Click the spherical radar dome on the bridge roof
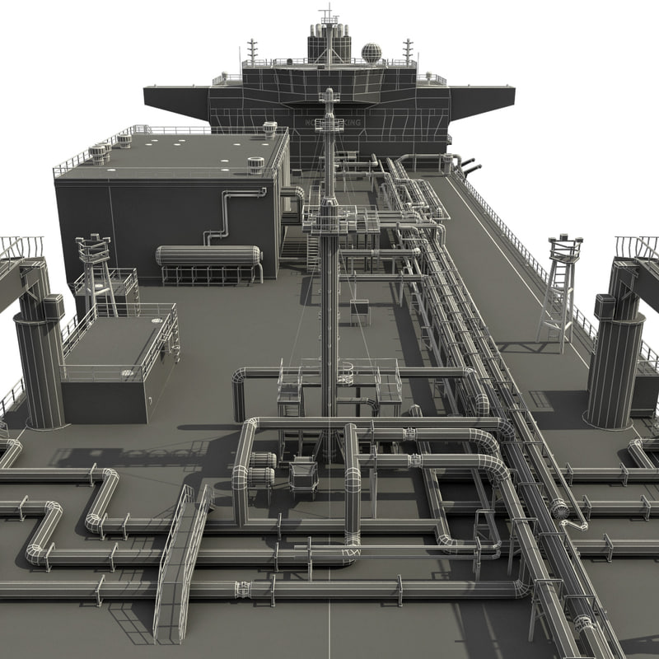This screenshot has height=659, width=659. (x=372, y=53)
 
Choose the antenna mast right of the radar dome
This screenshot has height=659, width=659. (x=407, y=50)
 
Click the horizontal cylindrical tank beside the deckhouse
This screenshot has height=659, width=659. (x=209, y=255)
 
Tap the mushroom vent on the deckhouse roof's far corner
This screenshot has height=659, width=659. (x=269, y=129)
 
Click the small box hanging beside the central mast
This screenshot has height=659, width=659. (x=359, y=308)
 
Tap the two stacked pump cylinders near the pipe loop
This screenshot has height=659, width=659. (x=262, y=468)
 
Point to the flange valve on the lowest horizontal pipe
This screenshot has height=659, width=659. (x=244, y=589)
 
